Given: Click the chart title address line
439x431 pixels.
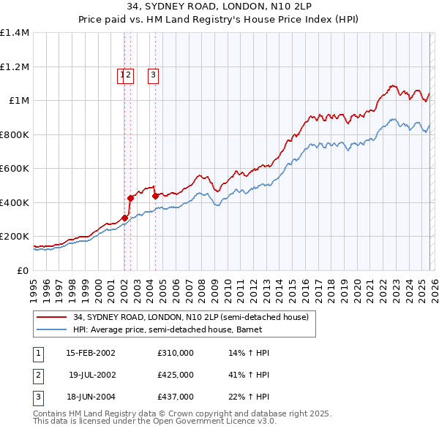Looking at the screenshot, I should [x=219, y=7].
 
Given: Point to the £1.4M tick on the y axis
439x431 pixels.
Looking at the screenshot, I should [x=15, y=33].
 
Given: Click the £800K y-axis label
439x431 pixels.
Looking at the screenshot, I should [x=14, y=134].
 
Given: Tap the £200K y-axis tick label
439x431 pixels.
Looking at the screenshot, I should [x=14, y=237].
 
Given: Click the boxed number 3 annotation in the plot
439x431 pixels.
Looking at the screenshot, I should [x=154, y=74].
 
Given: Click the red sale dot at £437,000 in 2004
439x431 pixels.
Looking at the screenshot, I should [x=154, y=196].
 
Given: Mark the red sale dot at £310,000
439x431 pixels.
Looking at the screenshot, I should [x=124, y=218].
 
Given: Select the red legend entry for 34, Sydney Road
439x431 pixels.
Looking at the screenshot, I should [x=191, y=317].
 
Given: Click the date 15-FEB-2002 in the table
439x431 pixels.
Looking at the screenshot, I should [x=91, y=353].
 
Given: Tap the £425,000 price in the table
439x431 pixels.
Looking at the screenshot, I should [x=176, y=375].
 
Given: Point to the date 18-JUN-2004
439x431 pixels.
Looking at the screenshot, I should [x=91, y=397].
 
